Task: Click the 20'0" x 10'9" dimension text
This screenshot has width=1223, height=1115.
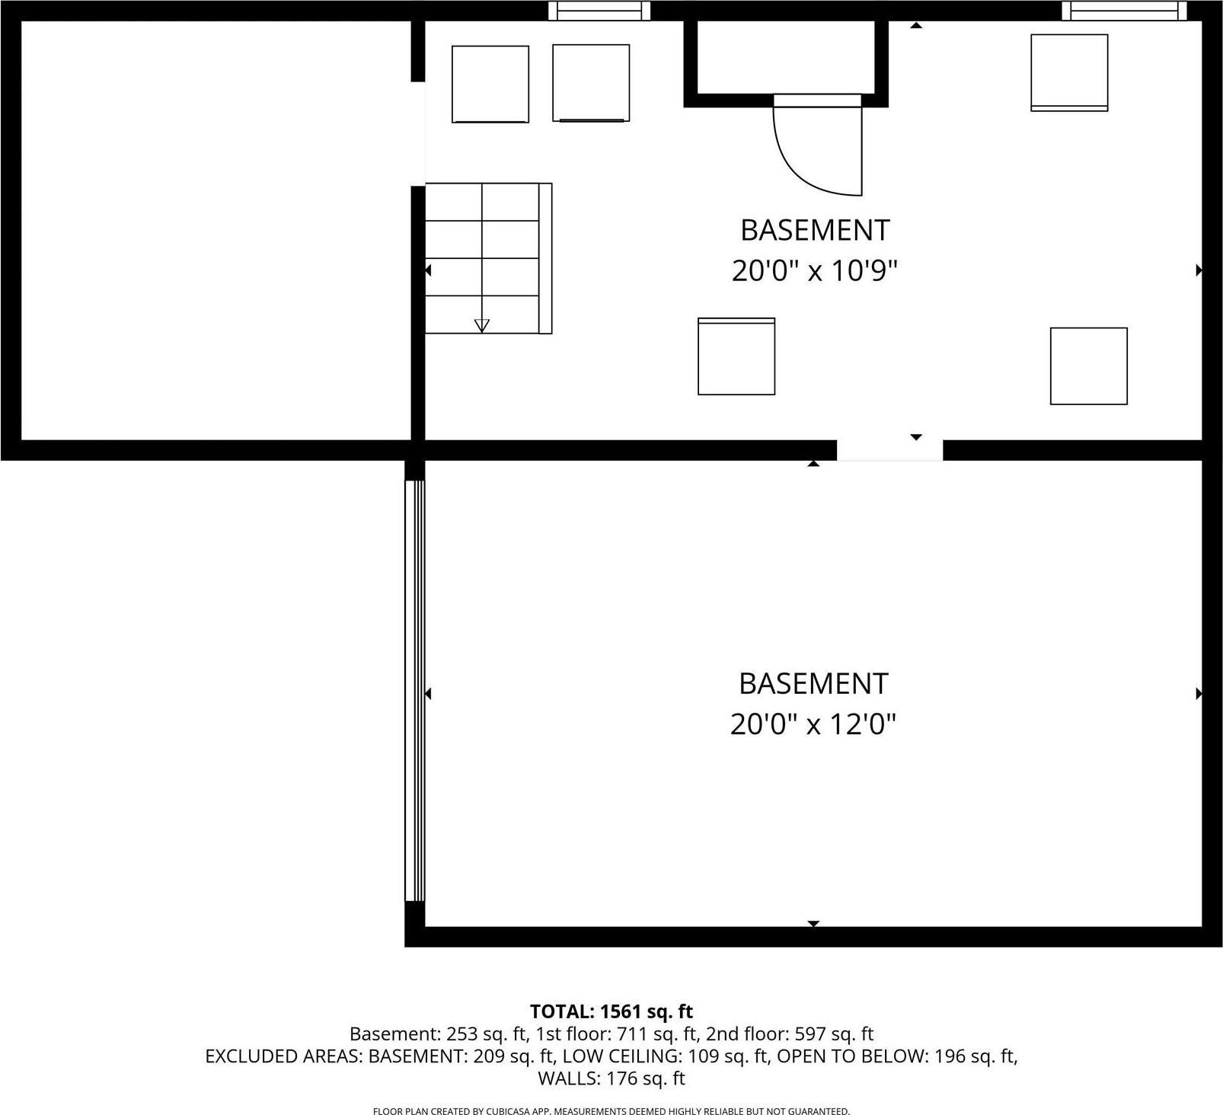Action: point(815,270)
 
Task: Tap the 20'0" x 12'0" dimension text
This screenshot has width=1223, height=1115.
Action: point(813,724)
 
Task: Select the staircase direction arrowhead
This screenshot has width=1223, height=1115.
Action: point(481,326)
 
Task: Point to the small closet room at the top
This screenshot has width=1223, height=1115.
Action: point(786,57)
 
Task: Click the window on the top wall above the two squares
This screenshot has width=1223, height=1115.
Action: point(599,11)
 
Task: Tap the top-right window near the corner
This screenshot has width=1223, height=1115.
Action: point(1124,11)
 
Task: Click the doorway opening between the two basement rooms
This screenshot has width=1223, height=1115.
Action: point(889,450)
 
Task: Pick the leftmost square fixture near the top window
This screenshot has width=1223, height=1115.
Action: point(490,84)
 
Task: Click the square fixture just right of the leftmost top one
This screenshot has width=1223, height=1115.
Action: point(591,83)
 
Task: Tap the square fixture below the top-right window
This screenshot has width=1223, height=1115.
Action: point(1069,72)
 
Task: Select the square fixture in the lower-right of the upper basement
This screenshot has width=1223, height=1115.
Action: point(1088,366)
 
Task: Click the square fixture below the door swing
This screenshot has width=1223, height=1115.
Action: point(736,356)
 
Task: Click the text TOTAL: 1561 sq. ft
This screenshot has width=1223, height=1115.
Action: point(611,1011)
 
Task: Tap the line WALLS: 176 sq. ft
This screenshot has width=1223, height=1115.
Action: point(611,1078)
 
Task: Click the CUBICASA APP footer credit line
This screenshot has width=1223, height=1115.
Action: point(611,1111)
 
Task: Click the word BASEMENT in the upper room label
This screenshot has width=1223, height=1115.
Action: point(815,230)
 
